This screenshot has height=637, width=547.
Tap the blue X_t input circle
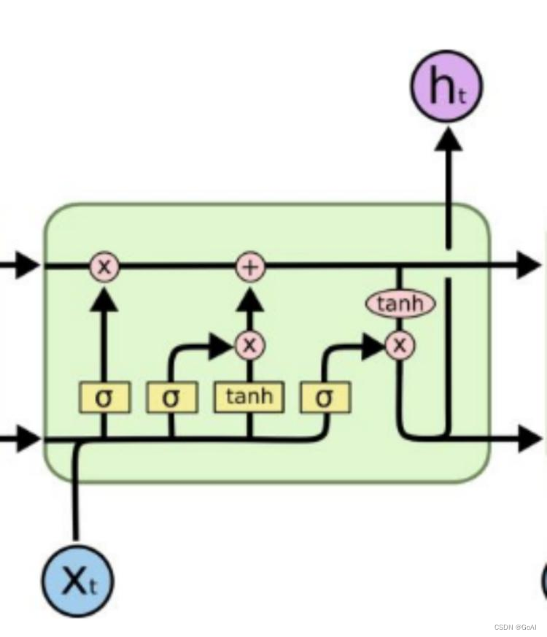77,580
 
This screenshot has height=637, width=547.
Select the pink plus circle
249,266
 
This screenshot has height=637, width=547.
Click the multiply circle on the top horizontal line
104,266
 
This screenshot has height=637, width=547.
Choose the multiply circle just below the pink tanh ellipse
399,345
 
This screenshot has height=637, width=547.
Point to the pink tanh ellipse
400,304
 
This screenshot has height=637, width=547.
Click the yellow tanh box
249,397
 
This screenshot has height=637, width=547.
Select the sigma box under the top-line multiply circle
104,398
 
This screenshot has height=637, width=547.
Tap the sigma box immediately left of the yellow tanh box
171,398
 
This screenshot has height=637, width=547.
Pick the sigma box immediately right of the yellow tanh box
325,398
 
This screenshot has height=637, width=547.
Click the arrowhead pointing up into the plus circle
249,297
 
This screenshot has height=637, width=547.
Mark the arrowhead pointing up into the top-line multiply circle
104,297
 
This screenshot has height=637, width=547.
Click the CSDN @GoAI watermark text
515,627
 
